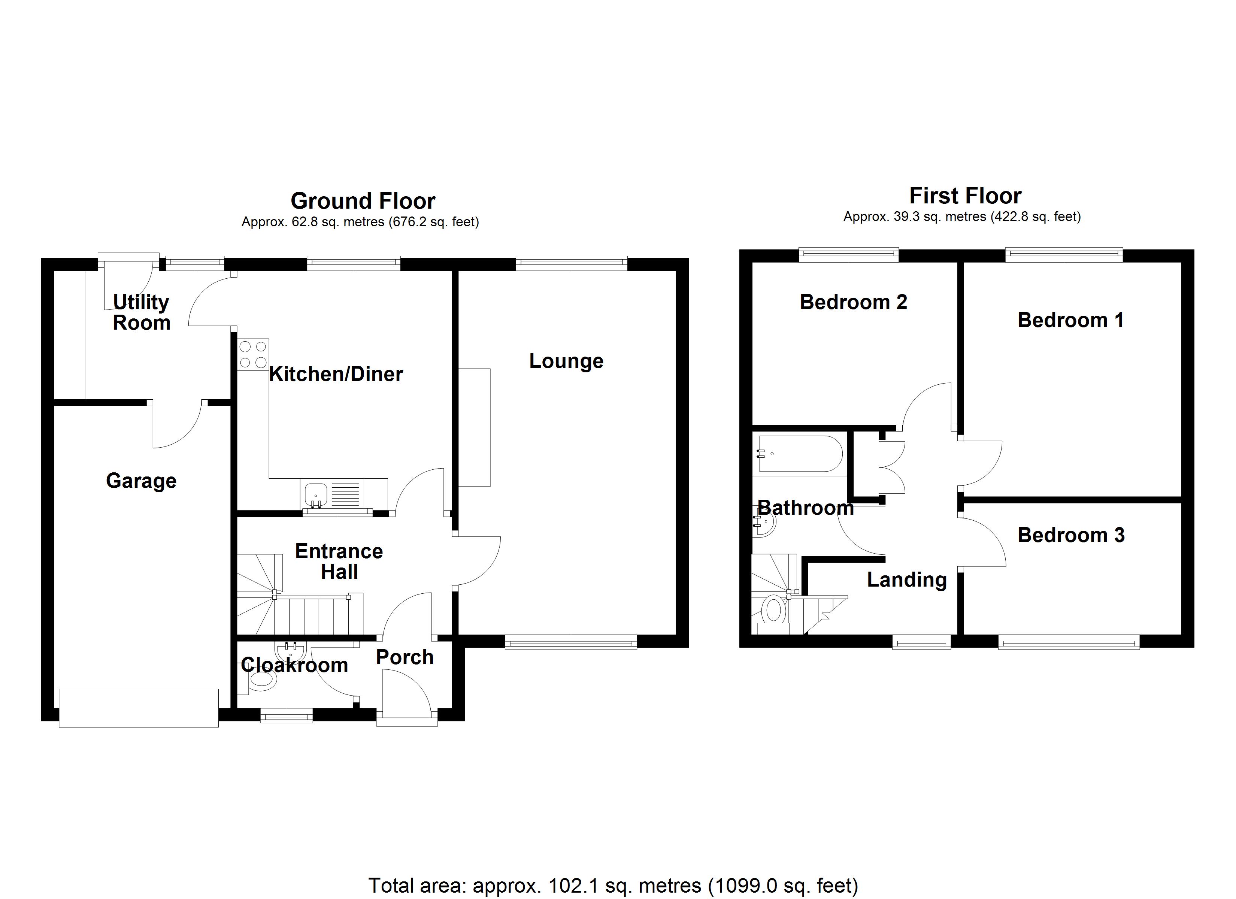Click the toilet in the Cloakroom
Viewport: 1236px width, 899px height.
261,680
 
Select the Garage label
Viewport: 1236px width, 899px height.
141,481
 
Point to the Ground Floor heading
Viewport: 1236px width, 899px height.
363,201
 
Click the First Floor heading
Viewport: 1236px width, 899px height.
965,195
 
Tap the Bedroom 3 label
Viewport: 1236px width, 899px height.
1071,535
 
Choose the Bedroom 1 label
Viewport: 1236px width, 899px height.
1070,320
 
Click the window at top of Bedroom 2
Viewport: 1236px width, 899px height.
848,254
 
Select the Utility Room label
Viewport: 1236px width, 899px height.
141,312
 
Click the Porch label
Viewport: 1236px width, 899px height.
405,657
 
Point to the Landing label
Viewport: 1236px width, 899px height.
907,579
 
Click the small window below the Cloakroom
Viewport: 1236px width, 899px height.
286,716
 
